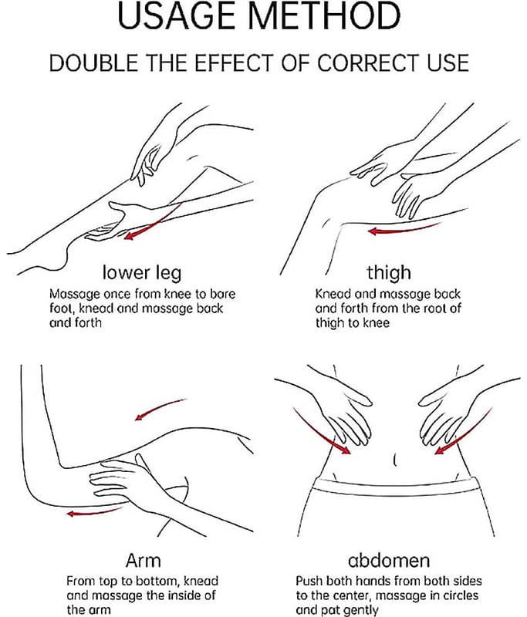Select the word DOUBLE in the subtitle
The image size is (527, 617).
point(93,63)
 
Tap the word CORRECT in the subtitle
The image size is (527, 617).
point(369,63)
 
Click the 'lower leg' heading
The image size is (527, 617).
point(142,273)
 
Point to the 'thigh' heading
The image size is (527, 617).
point(389,272)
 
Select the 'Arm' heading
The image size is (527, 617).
point(144,561)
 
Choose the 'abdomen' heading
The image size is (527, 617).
point(389,561)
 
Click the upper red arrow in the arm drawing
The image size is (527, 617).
point(159,409)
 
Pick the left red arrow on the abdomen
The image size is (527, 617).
point(319,433)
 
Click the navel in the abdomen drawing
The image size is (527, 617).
point(395,459)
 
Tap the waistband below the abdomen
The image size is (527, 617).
point(395,487)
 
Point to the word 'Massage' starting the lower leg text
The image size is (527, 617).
point(75,295)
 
